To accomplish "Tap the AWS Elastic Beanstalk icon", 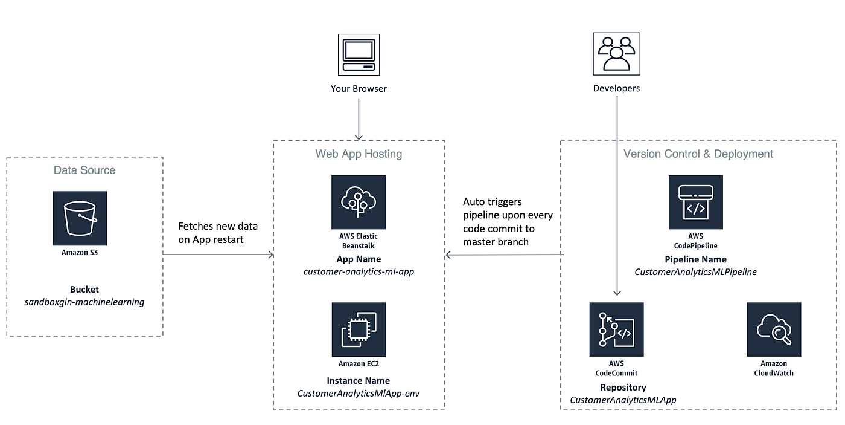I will coord(359,202).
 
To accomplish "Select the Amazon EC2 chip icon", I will coord(359,329).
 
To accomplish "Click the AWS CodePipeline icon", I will coord(695,202).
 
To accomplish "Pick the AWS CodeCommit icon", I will coord(616,329).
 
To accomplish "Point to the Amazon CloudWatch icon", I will coord(774,329).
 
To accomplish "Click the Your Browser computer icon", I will coord(359,54).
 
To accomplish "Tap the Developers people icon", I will coord(616,54).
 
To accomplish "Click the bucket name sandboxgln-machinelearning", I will coord(84,302).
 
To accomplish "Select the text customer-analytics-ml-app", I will coord(359,271).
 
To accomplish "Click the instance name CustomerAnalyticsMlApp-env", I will coord(359,393).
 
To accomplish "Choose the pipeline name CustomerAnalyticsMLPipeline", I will coord(695,272).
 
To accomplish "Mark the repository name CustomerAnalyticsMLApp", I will coord(623,400).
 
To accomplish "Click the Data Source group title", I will coord(84,170).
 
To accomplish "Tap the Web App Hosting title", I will coord(359,154).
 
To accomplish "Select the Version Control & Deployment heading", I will coord(698,154).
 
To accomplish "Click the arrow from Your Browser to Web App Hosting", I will coord(359,118).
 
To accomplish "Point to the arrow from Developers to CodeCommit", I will coord(616,193).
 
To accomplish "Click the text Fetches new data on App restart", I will coord(218,232).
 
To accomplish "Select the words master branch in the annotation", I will coord(496,242).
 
